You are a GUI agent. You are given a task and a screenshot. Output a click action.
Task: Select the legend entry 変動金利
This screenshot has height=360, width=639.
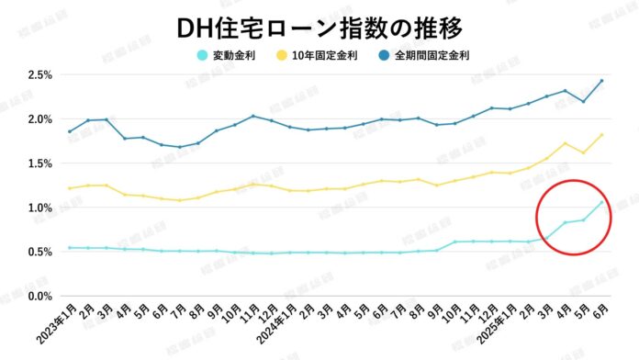click(x=232, y=53)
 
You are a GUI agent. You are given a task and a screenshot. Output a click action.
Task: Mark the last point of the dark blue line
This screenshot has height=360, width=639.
click(x=601, y=81)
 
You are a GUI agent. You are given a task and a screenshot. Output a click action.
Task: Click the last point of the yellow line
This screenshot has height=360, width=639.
click(x=601, y=135)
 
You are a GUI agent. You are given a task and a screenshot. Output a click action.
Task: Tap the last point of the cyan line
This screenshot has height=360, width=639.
click(x=601, y=202)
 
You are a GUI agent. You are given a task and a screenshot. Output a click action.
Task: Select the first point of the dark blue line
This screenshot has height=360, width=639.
click(x=70, y=131)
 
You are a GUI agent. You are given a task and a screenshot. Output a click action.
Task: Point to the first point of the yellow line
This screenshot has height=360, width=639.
click(x=70, y=188)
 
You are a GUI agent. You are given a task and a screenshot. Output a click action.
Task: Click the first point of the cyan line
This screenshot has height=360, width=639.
click(x=70, y=248)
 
